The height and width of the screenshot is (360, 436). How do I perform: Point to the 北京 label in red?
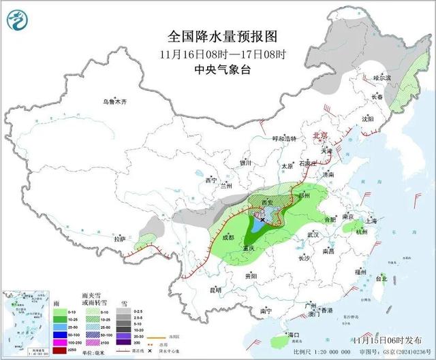(x=322, y=135)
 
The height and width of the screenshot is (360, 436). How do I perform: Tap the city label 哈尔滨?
(x=384, y=78)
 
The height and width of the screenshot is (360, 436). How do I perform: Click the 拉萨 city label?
(x=120, y=239)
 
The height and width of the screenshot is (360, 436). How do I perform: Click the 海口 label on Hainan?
(x=294, y=336)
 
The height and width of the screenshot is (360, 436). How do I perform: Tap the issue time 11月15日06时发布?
(x=384, y=339)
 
